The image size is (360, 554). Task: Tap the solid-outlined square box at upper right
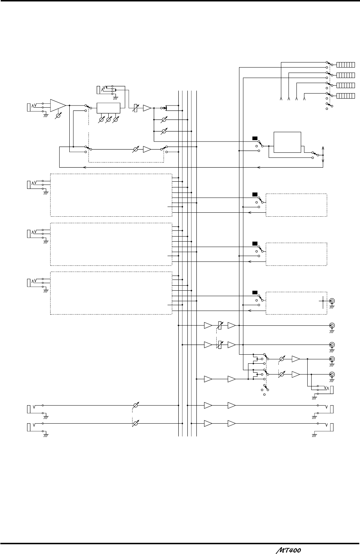point(287,142)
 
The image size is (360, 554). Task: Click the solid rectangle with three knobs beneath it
point(108,108)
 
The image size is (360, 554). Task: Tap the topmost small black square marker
point(255,138)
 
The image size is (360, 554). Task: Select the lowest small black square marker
point(255,292)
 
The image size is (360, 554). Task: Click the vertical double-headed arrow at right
point(322,155)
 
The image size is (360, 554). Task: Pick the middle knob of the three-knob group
point(108,119)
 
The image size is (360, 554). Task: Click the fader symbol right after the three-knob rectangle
point(136,108)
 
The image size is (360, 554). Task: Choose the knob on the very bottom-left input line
point(136,423)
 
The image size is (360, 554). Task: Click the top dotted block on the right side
point(296,205)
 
